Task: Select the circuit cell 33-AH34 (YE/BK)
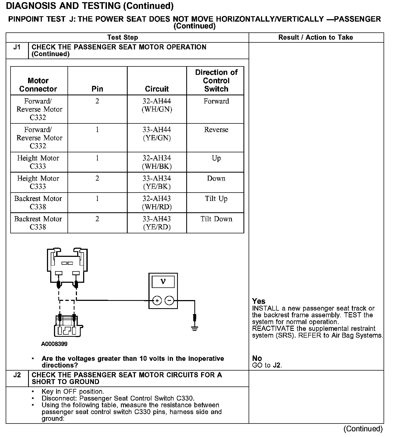click(157, 182)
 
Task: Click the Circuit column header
click(157, 89)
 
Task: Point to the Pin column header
click(97, 89)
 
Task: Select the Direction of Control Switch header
click(216, 80)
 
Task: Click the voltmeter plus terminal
click(157, 300)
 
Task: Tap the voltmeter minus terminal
click(169, 300)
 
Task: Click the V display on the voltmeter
click(163, 282)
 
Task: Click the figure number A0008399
click(54, 344)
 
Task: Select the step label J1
click(17, 47)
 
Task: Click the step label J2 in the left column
click(17, 375)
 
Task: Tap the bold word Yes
click(259, 301)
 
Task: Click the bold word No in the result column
click(257, 358)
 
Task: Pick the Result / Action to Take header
click(316, 38)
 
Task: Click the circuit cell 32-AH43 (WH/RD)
click(157, 203)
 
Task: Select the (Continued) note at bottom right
click(363, 429)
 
